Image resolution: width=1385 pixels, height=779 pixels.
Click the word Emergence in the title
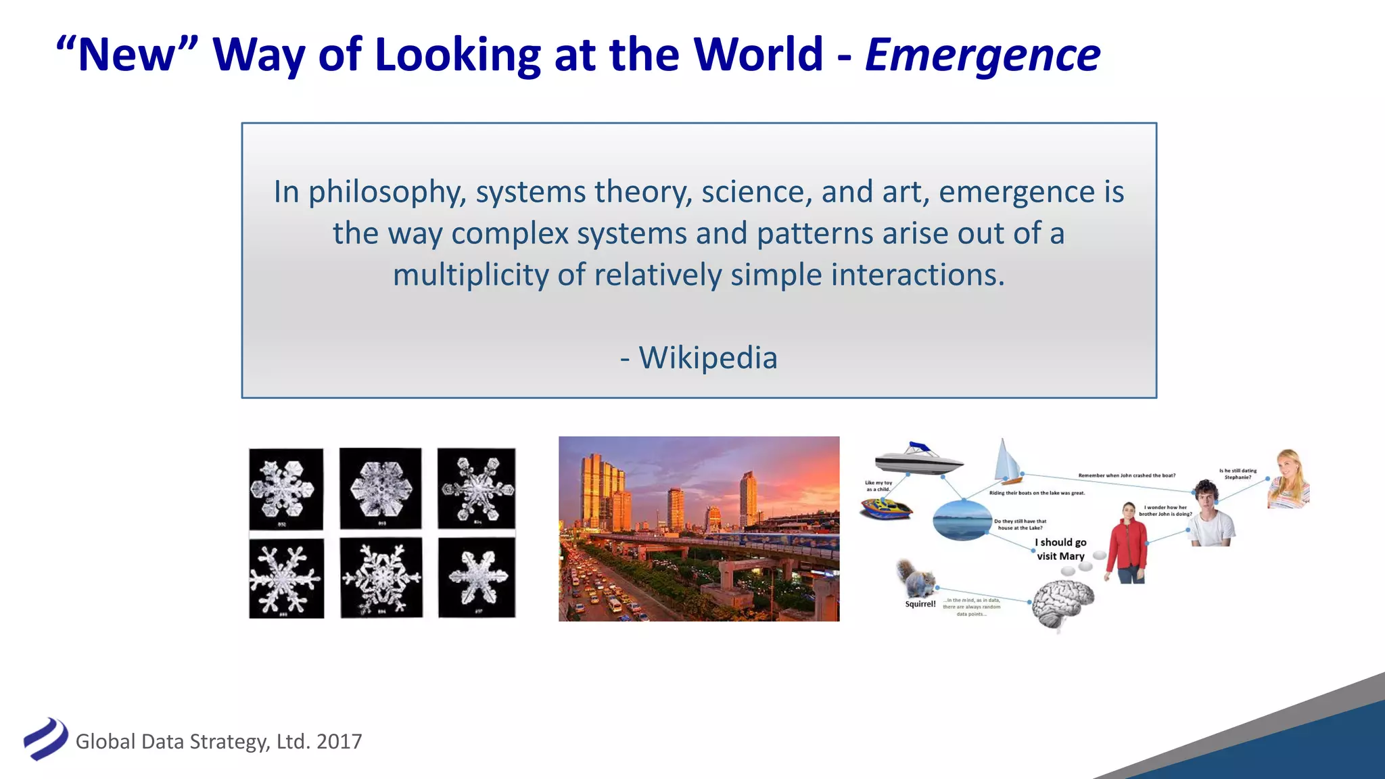982,55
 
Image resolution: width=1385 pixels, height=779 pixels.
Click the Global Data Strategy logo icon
45,738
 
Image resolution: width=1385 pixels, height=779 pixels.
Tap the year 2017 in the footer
339,742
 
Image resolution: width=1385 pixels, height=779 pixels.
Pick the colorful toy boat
886,509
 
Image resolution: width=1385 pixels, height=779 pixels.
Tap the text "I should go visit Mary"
1060,549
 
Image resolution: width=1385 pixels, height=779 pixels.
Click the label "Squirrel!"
920,604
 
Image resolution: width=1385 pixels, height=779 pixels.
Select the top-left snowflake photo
286,488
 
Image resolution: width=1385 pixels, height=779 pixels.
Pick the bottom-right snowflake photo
477,577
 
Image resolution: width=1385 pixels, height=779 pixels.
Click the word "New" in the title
127,55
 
